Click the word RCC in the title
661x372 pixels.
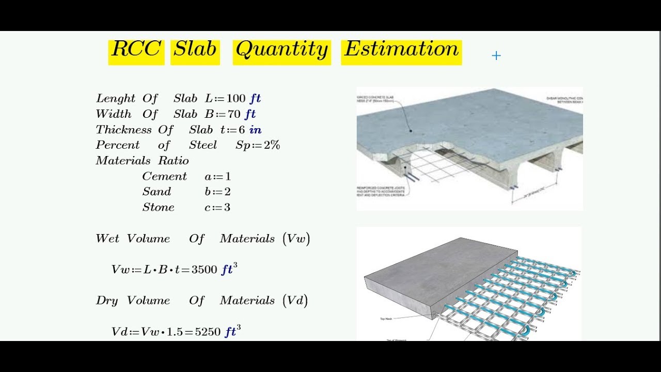click(x=136, y=50)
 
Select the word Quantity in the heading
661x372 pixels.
click(x=281, y=50)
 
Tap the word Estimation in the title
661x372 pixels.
click(x=401, y=50)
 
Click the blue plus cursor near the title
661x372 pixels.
click(x=496, y=56)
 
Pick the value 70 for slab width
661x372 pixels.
click(x=234, y=114)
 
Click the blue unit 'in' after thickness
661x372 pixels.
click(x=255, y=130)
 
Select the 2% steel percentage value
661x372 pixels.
click(x=272, y=145)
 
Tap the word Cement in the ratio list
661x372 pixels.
click(x=164, y=176)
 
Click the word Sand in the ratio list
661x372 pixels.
click(x=156, y=192)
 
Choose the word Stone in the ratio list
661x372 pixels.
click(x=158, y=207)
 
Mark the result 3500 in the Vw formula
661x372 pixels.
click(x=204, y=270)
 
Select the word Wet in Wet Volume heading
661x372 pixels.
click(x=107, y=239)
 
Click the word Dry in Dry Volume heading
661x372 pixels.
click(x=107, y=301)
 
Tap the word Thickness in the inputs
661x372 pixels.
click(x=123, y=130)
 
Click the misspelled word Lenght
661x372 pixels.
click(x=116, y=99)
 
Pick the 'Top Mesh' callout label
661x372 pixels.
click(x=385, y=319)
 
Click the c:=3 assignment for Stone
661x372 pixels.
click(x=217, y=207)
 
